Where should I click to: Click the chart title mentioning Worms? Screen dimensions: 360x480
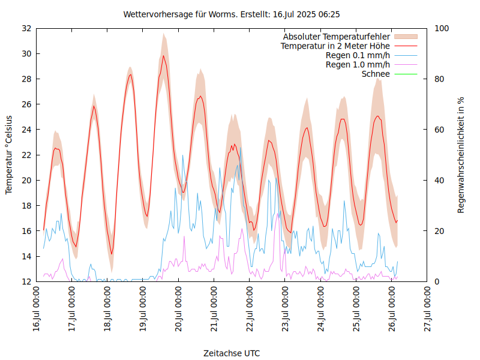(x=232, y=14)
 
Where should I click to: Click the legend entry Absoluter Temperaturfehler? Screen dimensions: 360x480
(x=337, y=37)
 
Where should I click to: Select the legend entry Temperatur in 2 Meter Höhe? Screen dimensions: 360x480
(x=335, y=46)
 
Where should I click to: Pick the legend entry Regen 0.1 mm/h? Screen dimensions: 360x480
(x=358, y=55)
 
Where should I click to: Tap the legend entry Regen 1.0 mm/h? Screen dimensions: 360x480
(x=358, y=65)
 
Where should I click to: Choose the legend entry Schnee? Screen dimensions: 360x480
(x=376, y=74)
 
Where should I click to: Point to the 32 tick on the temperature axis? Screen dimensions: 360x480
(x=26, y=28)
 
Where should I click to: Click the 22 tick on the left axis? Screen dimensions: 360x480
(x=26, y=155)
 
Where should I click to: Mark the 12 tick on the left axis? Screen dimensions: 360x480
(x=26, y=281)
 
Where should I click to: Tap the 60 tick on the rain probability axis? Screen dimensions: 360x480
(x=439, y=130)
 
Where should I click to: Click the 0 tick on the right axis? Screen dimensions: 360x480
(x=437, y=281)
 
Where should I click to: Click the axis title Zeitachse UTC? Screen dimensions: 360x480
(x=232, y=353)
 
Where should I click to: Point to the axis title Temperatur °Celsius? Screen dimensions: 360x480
(x=9, y=155)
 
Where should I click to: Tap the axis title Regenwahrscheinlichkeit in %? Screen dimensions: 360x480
(x=461, y=155)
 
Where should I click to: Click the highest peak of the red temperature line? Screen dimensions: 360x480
(x=163, y=56)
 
